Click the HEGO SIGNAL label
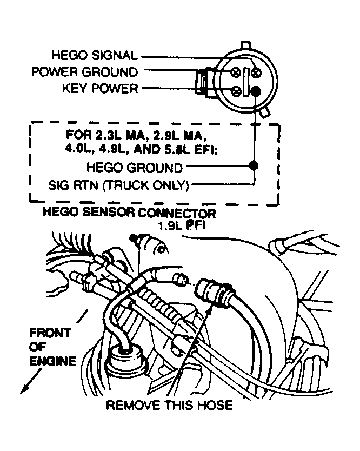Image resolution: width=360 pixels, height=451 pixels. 95,55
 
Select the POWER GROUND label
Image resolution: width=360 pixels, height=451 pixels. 84,71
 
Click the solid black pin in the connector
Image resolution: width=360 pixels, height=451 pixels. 256,91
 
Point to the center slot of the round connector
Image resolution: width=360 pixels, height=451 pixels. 246,81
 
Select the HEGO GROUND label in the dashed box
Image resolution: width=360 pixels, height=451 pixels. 135,168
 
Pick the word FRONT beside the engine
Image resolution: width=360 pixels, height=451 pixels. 49,333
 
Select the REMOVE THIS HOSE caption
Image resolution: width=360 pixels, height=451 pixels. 169,404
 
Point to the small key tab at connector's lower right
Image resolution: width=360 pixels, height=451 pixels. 264,113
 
